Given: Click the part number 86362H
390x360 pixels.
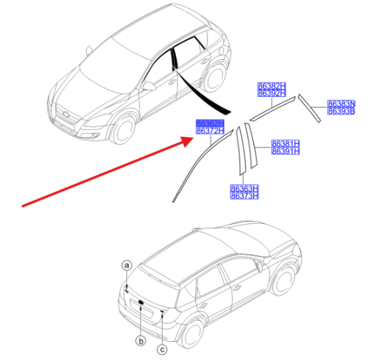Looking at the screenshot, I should [210, 123].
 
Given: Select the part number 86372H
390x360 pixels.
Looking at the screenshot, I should [210, 131].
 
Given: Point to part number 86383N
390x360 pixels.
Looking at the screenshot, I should [341, 103].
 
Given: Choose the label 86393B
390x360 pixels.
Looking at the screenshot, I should [341, 111].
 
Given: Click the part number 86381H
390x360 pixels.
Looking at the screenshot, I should [285, 143].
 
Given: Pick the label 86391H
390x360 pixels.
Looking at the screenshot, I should [285, 151].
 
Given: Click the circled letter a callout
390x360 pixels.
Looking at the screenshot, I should [127, 265].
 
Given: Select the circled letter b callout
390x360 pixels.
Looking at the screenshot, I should [140, 340].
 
